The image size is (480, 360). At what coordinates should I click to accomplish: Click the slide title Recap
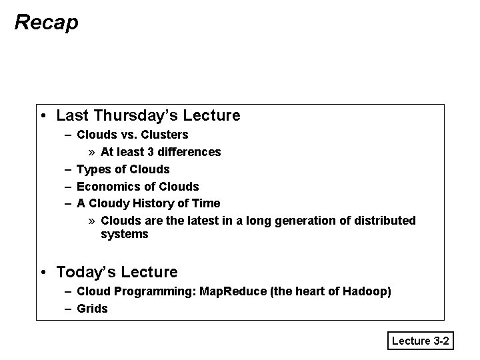click(46, 22)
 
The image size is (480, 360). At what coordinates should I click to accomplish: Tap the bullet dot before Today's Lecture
click(43, 272)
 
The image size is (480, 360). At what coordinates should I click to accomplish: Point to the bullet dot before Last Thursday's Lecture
click(43, 115)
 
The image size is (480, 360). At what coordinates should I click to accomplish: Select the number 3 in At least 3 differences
click(151, 152)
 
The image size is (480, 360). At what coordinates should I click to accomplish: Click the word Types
click(92, 169)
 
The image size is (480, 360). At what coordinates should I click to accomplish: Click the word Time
click(206, 203)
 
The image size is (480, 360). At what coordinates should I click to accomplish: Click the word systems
click(124, 234)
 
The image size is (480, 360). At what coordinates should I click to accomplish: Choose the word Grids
click(92, 309)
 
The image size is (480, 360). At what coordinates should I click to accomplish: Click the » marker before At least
click(93, 152)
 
